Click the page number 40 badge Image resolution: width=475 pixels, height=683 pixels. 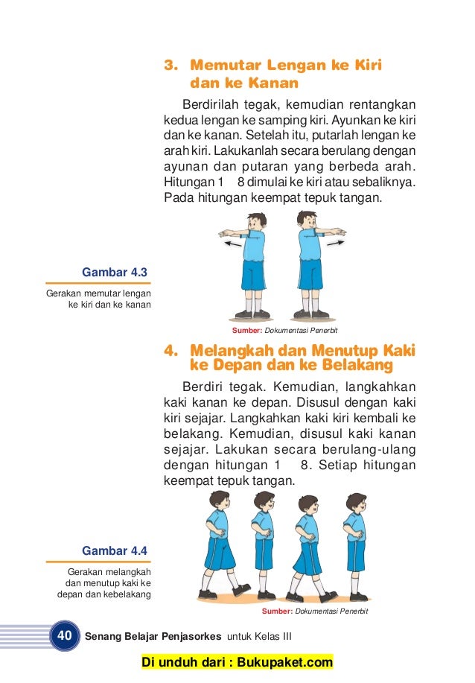(65, 636)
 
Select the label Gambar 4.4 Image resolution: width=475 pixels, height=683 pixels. (115, 551)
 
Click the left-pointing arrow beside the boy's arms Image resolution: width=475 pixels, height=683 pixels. (232, 244)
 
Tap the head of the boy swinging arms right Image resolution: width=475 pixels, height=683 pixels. (307, 220)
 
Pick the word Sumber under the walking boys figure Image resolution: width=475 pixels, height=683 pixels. (276, 611)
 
